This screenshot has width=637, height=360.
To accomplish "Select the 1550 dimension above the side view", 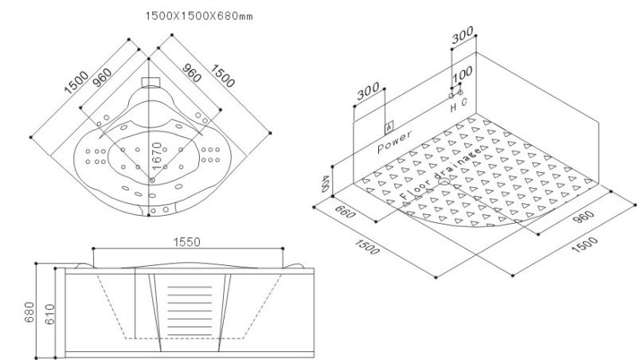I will click(186, 240).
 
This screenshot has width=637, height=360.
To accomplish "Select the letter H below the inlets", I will click(452, 105).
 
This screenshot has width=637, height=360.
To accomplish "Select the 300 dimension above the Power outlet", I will click(368, 92).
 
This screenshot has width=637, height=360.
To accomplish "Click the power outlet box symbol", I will click(388, 127).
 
